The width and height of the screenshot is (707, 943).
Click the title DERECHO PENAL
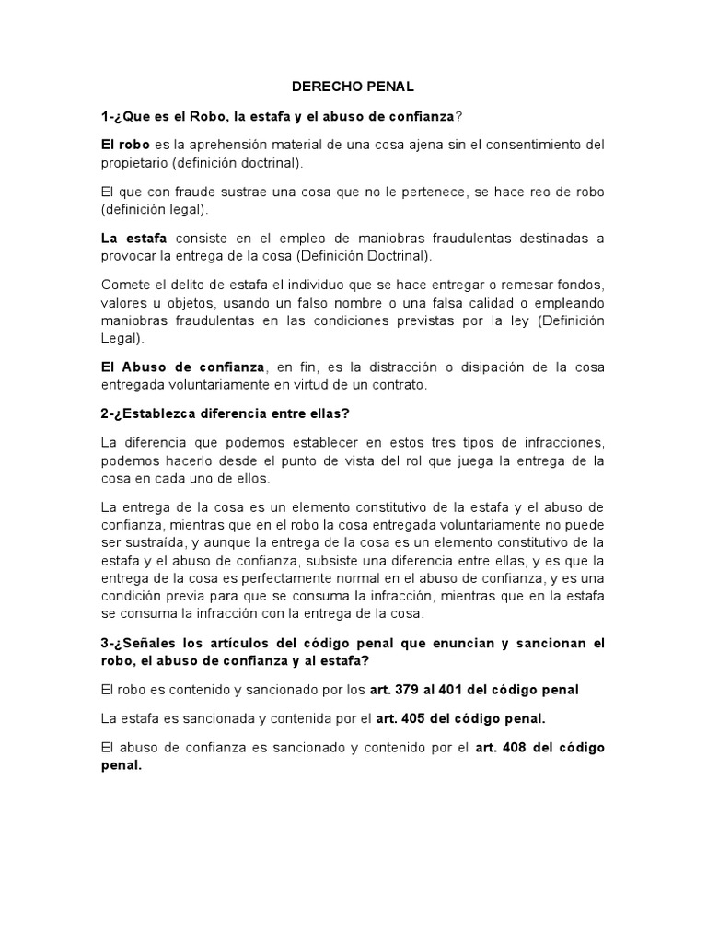coord(353,87)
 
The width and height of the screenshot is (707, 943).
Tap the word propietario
coord(136,162)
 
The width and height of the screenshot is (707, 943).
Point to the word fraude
coord(199,192)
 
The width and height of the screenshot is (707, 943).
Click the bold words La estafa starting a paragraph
coord(133,238)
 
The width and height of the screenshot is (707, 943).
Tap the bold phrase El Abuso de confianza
coord(182,367)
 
